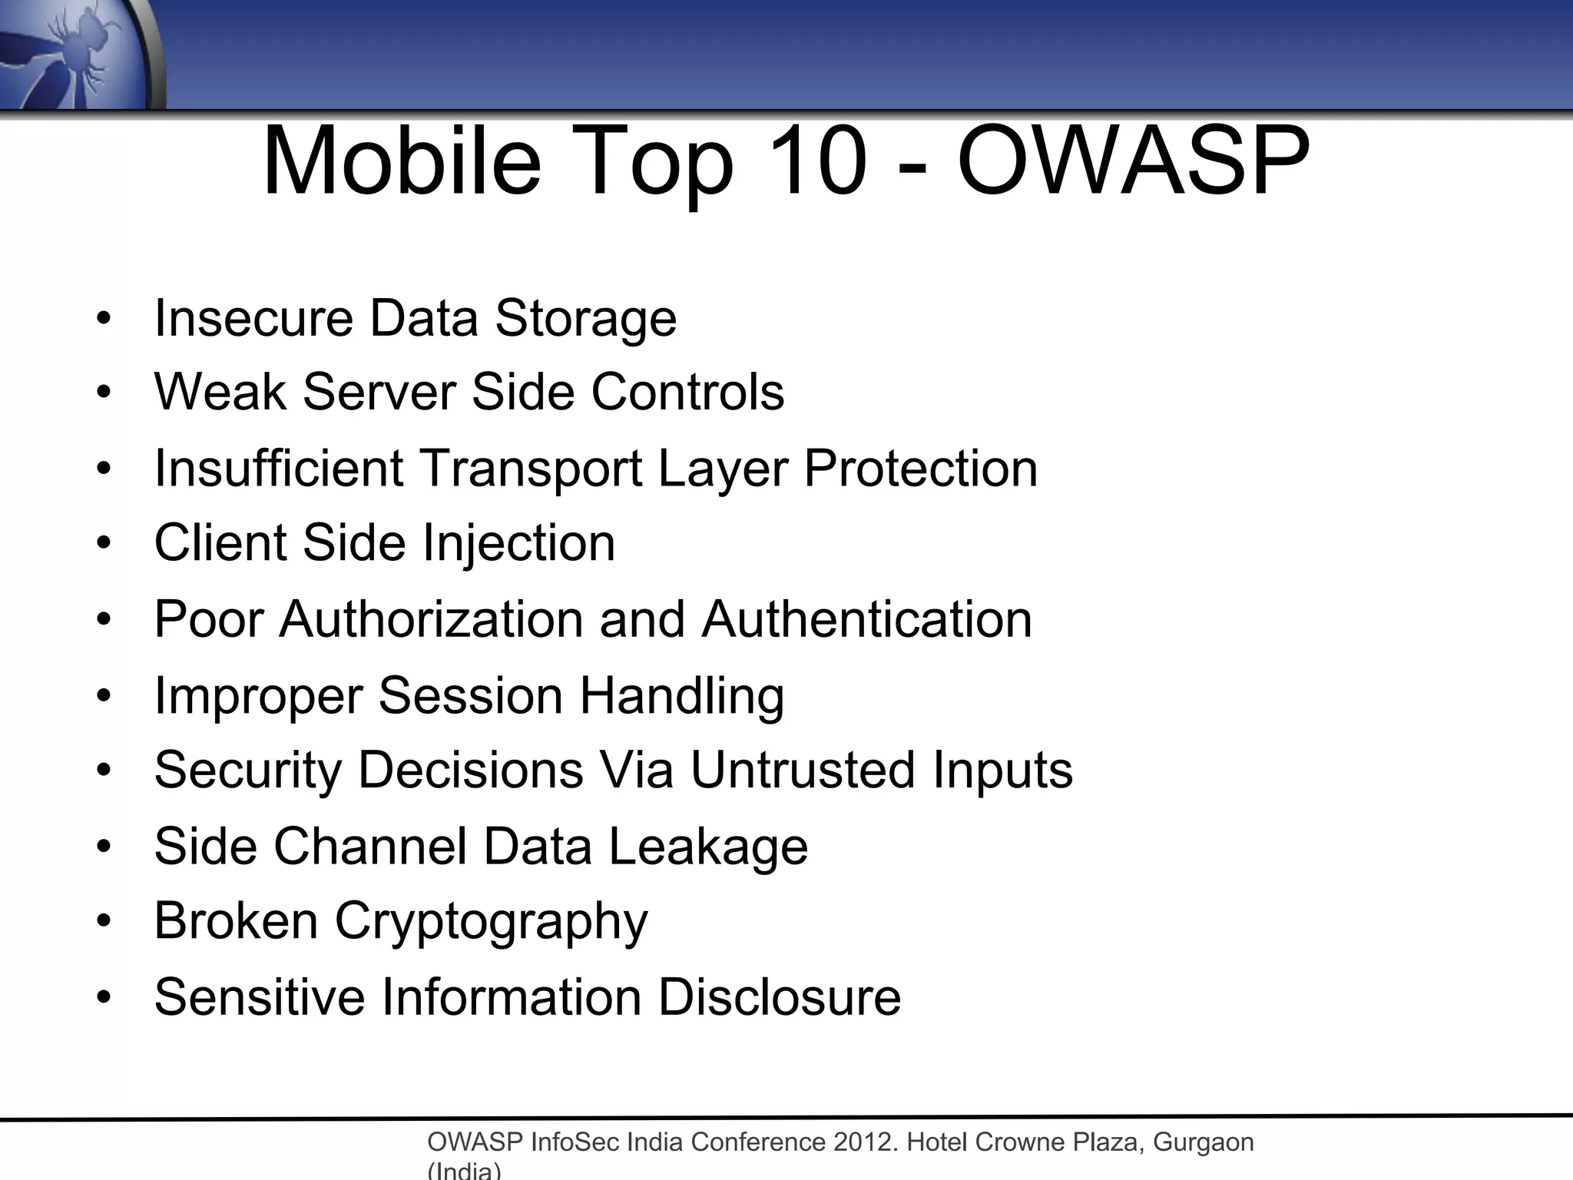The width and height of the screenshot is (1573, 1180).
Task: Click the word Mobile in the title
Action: pos(402,163)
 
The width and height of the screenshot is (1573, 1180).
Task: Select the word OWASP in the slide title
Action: pos(1133,163)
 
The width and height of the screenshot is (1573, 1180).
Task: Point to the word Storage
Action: pos(585,318)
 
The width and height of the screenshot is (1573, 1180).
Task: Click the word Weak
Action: pos(220,392)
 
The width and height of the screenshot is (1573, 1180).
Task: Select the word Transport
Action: pos(531,468)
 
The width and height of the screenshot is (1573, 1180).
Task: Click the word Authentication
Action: pos(866,619)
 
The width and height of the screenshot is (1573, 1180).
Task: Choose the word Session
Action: pos(470,695)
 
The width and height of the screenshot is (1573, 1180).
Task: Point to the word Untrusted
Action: pos(803,770)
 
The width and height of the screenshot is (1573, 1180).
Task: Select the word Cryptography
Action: pos(492,922)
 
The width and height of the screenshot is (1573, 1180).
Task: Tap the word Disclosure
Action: pos(779,996)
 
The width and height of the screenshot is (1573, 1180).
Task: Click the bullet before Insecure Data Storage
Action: pos(104,318)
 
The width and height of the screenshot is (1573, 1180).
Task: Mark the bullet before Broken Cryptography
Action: pos(104,920)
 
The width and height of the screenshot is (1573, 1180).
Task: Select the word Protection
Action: pos(921,468)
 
